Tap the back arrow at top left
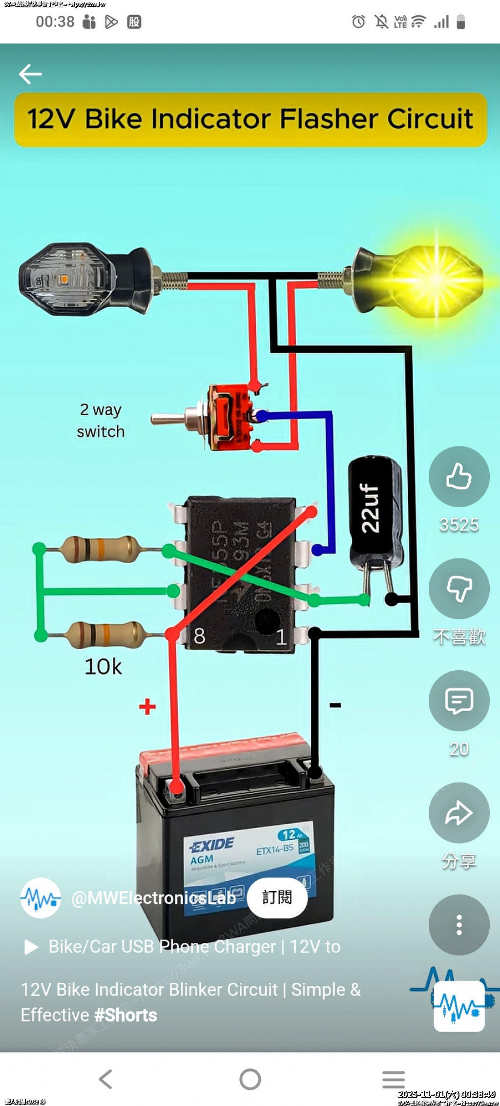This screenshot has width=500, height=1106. (30, 74)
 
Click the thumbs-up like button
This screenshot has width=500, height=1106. (458, 476)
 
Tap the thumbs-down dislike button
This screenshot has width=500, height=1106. (458, 588)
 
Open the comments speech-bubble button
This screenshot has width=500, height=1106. (458, 701)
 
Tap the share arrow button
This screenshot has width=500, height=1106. (458, 813)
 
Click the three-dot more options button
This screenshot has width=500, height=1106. (458, 925)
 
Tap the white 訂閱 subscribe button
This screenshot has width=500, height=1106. (277, 897)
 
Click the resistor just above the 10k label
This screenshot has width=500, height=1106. (105, 635)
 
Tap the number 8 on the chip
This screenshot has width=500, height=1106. (199, 636)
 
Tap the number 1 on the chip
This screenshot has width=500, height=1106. (281, 637)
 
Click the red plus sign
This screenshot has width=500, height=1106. (147, 706)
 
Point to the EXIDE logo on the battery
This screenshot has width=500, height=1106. (213, 844)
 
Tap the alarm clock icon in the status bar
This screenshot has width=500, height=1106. (358, 21)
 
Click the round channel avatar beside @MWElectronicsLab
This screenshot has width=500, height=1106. (41, 898)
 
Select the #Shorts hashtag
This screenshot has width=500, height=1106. (125, 1015)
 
